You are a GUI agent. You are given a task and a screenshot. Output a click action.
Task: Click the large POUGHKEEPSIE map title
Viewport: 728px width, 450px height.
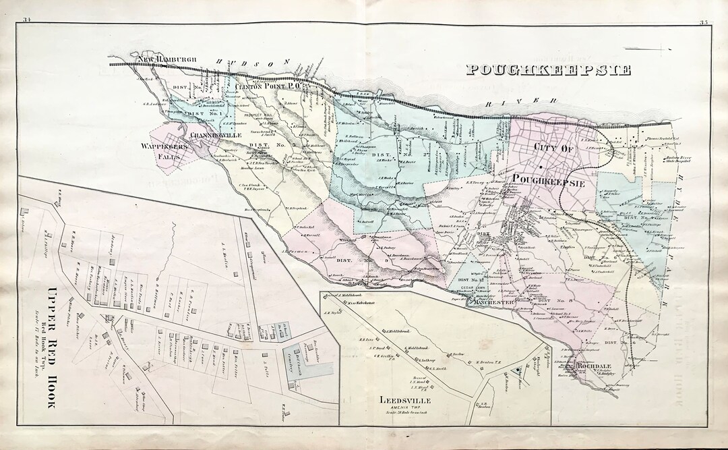click(549, 69)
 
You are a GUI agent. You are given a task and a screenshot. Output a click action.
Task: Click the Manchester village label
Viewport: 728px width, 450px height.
click(491, 303)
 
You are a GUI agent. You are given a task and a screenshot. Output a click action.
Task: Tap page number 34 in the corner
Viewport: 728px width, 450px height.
click(28, 23)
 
